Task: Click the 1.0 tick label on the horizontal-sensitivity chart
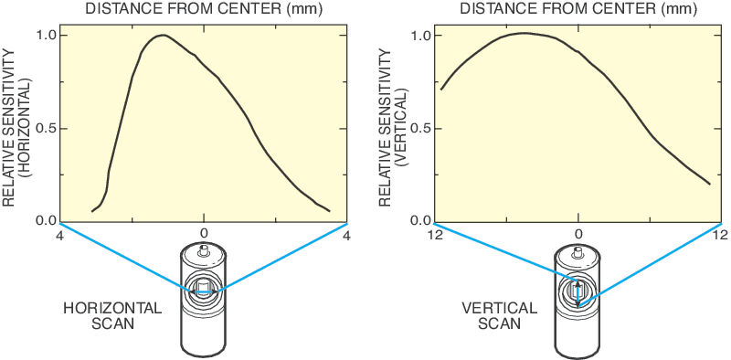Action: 47,36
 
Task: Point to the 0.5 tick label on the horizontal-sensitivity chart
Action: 47,128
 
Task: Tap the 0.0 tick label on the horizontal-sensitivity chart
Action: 47,220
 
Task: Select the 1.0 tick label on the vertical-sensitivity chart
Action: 421,36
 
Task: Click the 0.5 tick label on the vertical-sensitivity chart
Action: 421,128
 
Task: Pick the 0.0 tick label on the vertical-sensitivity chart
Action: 421,220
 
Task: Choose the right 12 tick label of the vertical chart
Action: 719,235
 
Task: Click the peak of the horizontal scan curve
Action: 162,36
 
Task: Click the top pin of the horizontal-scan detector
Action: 204,248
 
